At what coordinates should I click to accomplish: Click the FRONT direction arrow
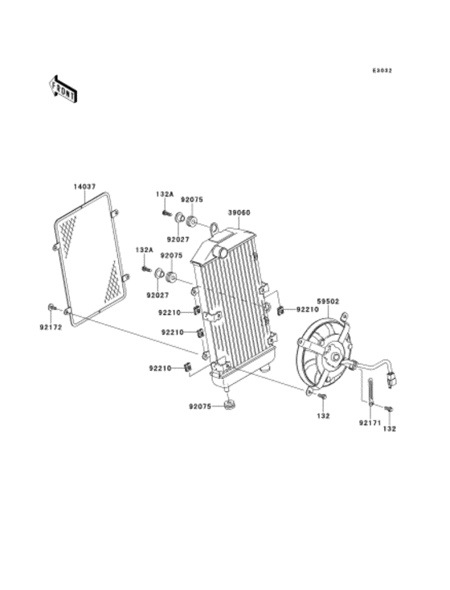pos(64,89)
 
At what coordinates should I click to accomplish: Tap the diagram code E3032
pos(382,70)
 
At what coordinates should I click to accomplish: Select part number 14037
pos(84,186)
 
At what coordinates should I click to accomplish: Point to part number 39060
pos(239,212)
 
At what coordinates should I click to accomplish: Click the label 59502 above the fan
pos(329,301)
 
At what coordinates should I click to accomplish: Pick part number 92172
pos(51,328)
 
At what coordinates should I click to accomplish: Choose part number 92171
pos(370,423)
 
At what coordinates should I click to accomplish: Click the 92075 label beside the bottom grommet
pos(200,406)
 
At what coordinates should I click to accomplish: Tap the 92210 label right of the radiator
pos(308,310)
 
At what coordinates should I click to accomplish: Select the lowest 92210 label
pos(160,368)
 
